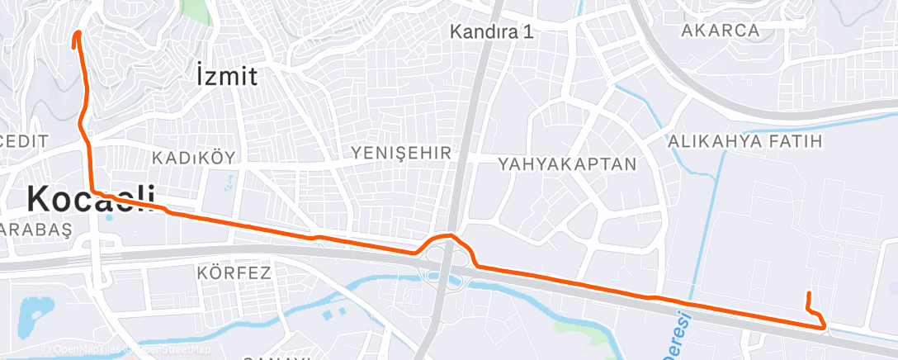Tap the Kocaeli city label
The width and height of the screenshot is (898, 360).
pos(91,199)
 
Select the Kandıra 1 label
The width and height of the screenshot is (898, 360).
pos(492,32)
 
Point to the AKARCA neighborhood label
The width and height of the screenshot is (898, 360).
pos(721,31)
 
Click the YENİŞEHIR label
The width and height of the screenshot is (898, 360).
pos(402,153)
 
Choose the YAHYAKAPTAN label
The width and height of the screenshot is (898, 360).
pos(568,163)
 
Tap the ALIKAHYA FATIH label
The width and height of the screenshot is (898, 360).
pos(745,141)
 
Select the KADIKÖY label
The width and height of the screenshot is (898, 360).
pos(194,157)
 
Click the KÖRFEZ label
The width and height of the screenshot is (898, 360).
pos(234,272)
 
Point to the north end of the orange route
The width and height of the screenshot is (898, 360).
pos(78,34)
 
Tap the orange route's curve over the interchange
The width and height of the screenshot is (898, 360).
pos(447,237)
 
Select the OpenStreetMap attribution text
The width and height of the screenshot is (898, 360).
pos(169,349)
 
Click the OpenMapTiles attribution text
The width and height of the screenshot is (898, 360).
pos(84,349)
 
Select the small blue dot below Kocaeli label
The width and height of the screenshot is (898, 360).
pos(109,219)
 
